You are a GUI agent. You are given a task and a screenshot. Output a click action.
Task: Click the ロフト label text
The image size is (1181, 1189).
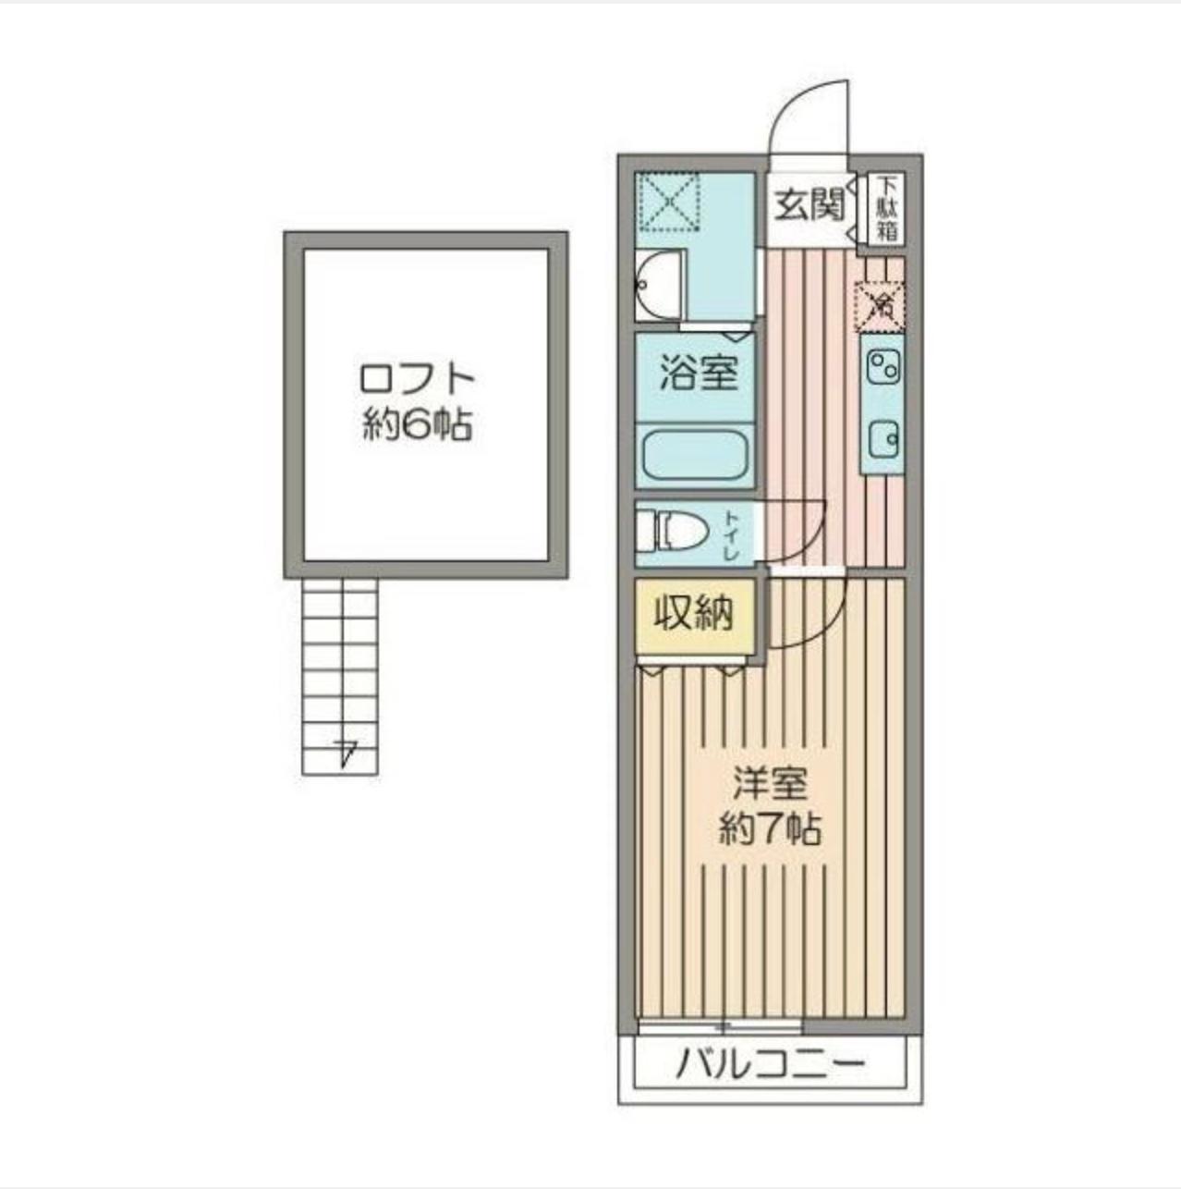(x=417, y=380)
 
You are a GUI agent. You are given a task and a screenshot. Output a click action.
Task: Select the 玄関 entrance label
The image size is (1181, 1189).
(x=810, y=205)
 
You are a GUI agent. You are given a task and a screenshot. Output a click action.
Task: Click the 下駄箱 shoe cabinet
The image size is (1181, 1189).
(x=887, y=209)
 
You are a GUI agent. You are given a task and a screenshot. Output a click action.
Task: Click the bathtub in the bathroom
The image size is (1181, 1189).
(x=695, y=454)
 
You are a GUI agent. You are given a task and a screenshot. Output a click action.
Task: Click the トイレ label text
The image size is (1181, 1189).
(x=731, y=535)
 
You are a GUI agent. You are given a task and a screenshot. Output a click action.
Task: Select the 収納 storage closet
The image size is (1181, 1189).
(x=694, y=613)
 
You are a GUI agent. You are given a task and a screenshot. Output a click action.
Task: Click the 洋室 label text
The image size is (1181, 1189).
(x=771, y=785)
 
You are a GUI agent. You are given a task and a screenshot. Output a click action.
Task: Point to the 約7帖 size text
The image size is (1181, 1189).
(x=771, y=829)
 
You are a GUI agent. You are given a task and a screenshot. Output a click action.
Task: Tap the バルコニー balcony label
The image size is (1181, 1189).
(x=771, y=1066)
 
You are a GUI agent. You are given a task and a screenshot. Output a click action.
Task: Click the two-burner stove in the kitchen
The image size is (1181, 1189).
(x=883, y=369)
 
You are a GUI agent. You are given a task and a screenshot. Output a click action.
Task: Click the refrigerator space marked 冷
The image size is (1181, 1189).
(x=882, y=304)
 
